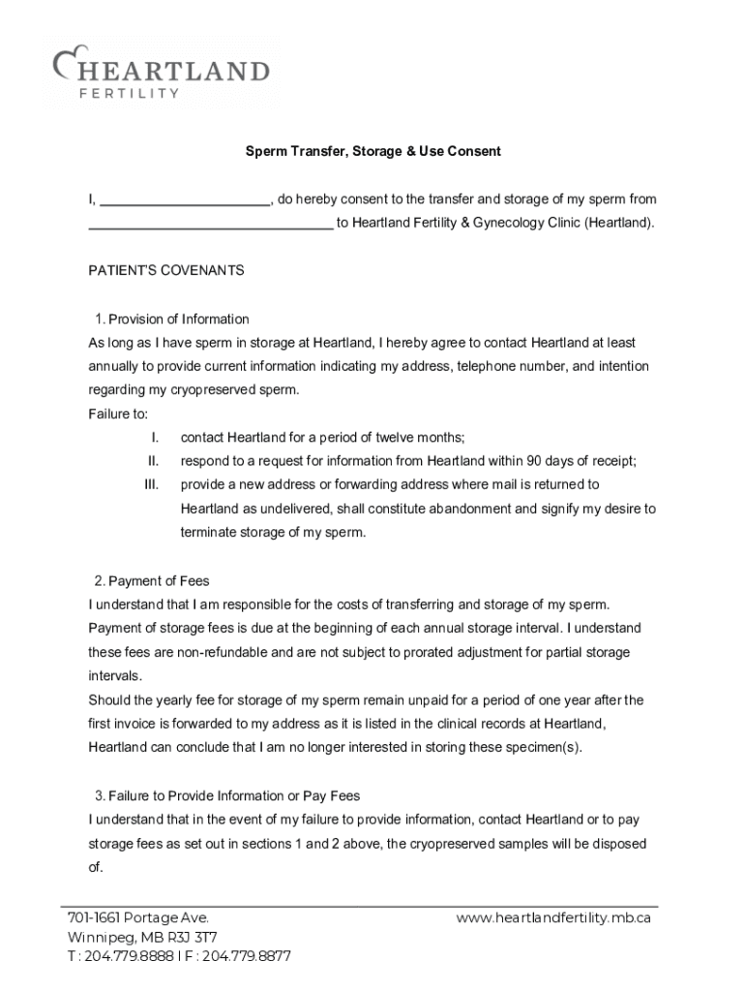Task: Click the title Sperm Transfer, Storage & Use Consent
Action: pos(372,152)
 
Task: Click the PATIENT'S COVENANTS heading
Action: pos(166,271)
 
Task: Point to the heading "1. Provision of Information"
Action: pos(171,319)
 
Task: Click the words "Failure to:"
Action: pos(118,414)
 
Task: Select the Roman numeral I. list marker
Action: pos(154,437)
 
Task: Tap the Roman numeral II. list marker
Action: pos(153,461)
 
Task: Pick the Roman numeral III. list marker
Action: pos(151,484)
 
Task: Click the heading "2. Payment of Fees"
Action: pos(152,582)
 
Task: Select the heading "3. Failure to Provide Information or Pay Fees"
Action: pos(227,796)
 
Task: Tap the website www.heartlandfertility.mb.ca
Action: pos(552,918)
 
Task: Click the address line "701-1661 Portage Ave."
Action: pos(137,918)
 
